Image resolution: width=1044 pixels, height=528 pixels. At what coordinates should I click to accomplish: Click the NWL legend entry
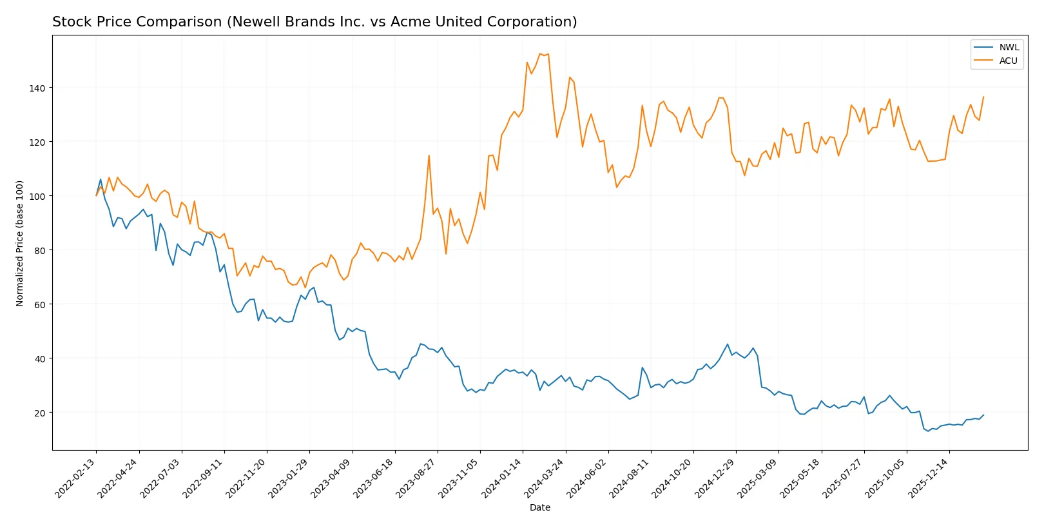pos(1009,47)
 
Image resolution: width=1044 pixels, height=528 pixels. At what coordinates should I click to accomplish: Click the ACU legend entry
pos(1008,61)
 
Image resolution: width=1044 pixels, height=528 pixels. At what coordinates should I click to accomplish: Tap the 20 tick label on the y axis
pos(40,413)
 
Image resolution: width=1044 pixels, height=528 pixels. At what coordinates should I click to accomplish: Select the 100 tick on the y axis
pos(38,196)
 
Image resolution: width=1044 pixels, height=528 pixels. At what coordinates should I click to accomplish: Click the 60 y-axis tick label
pos(40,304)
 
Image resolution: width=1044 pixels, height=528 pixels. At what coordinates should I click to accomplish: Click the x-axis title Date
pos(539,507)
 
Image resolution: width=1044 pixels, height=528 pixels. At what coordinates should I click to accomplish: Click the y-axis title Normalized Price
pos(20,243)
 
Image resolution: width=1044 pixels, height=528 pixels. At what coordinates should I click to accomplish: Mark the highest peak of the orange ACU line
pos(540,54)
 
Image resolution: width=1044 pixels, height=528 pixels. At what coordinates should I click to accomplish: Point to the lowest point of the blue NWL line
pos(928,431)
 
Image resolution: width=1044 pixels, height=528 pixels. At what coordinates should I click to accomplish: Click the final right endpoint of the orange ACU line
pos(983,97)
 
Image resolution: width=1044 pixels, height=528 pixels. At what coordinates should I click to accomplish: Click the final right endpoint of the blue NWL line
pos(983,415)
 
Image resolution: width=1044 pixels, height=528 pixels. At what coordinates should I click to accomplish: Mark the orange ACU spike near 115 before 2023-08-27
pos(429,155)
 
